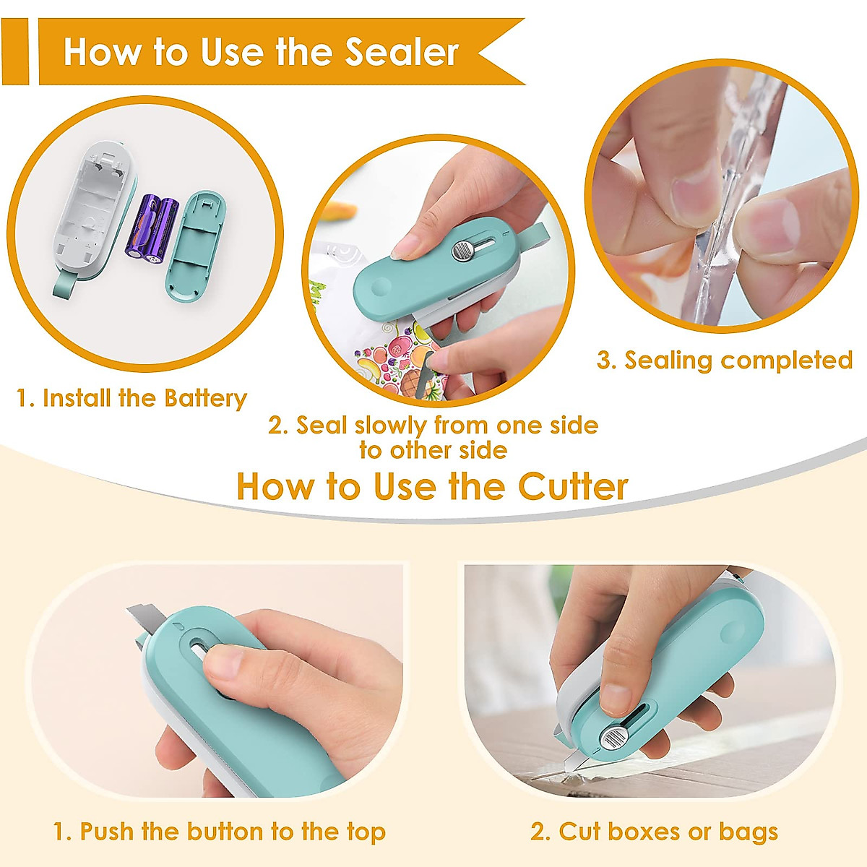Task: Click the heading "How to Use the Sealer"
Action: [261, 52]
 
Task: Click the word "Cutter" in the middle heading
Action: [573, 486]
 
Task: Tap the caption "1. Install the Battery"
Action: [131, 398]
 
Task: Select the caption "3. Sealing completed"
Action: [725, 360]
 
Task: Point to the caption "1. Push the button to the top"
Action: [220, 832]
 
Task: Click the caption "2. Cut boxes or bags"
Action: [654, 832]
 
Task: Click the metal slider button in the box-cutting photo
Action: [615, 738]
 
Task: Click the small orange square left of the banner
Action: [14, 52]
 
